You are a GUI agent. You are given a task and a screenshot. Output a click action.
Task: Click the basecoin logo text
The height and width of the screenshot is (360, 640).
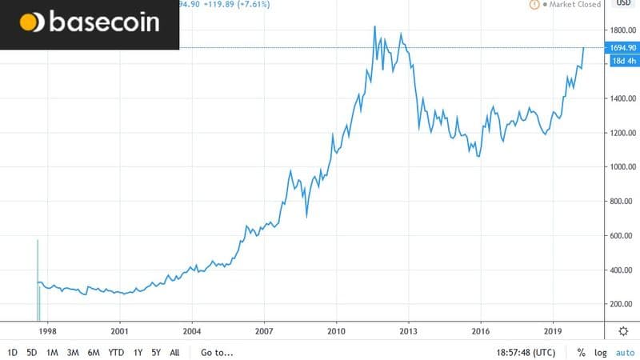[x=104, y=22]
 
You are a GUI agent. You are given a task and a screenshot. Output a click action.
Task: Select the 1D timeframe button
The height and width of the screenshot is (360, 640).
[x=13, y=353]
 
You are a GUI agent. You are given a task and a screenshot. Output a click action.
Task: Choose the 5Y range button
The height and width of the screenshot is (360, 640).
[x=156, y=353]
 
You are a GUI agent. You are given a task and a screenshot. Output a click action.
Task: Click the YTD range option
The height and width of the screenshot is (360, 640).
[x=116, y=353]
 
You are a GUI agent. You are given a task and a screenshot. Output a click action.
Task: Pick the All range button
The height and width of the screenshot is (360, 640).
[x=174, y=353]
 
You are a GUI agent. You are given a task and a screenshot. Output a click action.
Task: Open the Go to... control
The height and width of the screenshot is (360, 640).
[x=217, y=353]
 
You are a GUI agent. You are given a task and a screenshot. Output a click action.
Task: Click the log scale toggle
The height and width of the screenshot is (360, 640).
[x=601, y=353]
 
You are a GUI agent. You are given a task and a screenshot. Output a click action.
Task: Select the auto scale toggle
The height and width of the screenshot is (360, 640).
[x=626, y=353]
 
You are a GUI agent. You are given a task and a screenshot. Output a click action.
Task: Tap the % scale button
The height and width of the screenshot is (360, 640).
[x=582, y=353]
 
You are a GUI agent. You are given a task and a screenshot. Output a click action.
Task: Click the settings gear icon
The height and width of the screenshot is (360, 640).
[x=623, y=331]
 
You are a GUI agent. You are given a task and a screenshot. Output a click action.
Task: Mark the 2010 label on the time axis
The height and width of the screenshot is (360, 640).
[x=336, y=331]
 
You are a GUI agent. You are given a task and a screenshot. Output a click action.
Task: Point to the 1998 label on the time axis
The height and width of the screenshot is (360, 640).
[x=48, y=331]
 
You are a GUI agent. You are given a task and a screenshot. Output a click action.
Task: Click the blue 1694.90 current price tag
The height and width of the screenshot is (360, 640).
[x=622, y=48]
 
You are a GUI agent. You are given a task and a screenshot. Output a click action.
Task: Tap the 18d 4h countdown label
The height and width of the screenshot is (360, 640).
[x=625, y=61]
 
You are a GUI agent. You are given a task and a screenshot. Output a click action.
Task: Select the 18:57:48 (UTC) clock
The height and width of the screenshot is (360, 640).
[x=526, y=353]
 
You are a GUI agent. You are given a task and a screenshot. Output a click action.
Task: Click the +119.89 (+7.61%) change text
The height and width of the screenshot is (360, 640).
[x=236, y=4]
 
